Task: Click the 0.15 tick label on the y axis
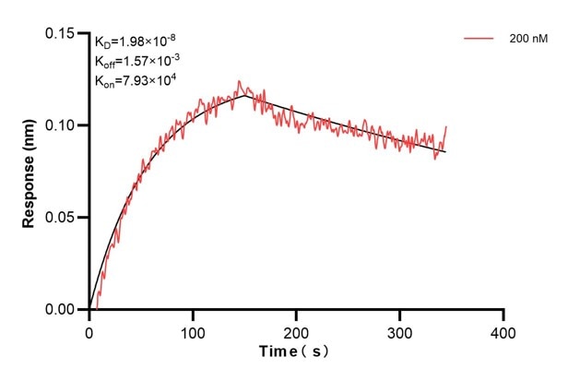(62, 33)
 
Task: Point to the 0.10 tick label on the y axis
(62, 125)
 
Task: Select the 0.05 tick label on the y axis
(62, 218)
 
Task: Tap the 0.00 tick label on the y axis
(62, 310)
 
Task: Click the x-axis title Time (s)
(293, 352)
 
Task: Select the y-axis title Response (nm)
(29, 172)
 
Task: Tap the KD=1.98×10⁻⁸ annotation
(135, 41)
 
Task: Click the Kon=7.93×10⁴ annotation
(135, 80)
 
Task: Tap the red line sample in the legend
(479, 39)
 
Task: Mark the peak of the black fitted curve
(244, 94)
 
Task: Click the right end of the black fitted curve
(444, 151)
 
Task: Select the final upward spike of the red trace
(446, 127)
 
